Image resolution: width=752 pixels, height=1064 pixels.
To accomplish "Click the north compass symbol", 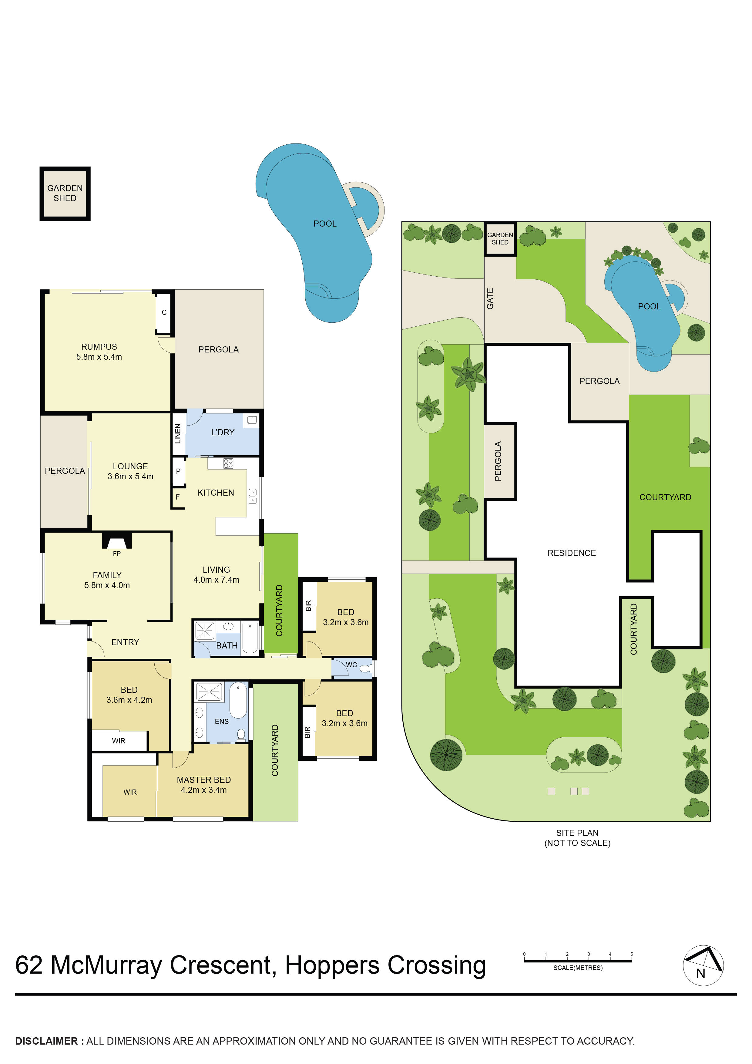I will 703,965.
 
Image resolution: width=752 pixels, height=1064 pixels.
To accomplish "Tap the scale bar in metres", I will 577,961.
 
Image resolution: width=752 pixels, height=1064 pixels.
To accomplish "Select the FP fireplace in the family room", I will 117,542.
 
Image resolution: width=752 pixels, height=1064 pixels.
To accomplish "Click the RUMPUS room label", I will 99,347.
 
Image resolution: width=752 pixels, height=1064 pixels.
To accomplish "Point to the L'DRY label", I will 223,433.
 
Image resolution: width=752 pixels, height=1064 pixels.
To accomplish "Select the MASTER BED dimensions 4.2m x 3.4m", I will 204,790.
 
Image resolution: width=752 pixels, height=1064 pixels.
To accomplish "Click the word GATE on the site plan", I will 490,298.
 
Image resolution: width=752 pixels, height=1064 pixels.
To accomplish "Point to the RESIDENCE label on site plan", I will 571,553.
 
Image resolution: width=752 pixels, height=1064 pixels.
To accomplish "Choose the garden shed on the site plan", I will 500,239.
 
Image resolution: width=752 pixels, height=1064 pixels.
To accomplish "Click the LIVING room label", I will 217,570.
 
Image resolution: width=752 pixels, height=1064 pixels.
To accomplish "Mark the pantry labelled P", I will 178,471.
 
